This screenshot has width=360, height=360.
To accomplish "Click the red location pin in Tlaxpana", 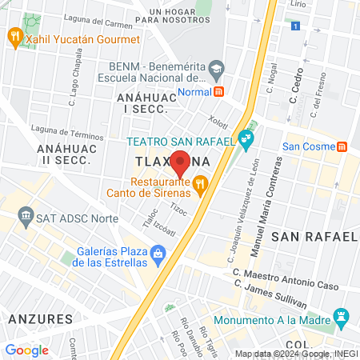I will point(180,163).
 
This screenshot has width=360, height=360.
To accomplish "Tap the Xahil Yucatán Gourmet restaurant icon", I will point(14,36).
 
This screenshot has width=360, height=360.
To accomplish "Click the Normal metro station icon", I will point(219,91).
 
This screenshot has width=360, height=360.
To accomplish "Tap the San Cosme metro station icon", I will point(342,146).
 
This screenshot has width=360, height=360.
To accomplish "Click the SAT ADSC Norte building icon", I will point(26,216).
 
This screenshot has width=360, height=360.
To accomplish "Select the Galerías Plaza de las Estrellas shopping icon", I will point(158,256).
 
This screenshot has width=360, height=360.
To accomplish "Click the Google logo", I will point(26,350).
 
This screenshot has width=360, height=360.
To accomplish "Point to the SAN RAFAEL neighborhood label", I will point(314,237).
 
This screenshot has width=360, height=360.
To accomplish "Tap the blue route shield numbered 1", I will point(295,26).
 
